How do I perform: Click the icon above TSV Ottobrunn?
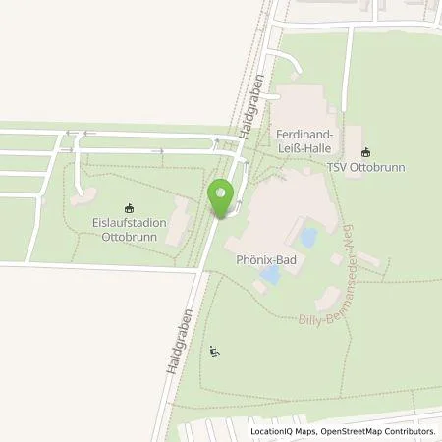(366, 151)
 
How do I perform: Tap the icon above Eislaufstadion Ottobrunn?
(128, 207)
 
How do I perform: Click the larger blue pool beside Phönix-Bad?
(307, 238)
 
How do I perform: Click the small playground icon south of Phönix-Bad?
(216, 352)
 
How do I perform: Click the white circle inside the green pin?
(221, 193)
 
